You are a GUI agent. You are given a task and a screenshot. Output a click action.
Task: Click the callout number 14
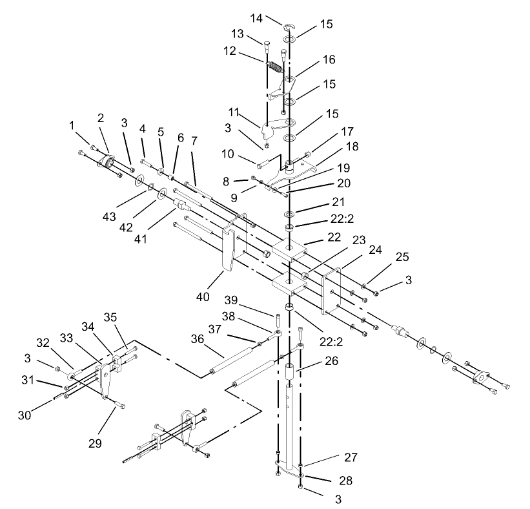point(256,18)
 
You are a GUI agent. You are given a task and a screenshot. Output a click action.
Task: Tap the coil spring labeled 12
point(276,67)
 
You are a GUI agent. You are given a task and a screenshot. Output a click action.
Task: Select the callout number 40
point(203,296)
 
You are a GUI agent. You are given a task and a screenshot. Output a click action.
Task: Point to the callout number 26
point(331,360)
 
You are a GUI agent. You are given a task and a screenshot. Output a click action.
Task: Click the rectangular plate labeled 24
point(331,291)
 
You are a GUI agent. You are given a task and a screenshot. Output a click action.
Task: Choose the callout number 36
point(198,338)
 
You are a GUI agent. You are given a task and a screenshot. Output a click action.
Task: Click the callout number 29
point(95,442)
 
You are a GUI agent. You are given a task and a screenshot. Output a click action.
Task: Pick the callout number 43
point(109,216)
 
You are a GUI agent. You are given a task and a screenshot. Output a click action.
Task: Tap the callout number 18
point(352,146)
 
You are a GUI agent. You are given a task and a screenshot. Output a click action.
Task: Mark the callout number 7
point(194,141)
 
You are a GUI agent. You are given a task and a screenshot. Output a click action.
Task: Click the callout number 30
point(25,415)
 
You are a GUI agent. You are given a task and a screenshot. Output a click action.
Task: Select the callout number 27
point(351,457)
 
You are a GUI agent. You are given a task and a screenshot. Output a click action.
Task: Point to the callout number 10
point(227,154)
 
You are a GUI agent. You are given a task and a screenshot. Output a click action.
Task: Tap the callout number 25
point(402,256)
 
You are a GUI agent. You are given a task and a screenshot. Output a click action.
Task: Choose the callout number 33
point(66,337)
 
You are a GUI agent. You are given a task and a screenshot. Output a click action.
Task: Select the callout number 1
point(71,125)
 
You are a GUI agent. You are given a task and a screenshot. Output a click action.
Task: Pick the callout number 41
point(141,239)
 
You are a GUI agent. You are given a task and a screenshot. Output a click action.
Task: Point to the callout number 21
point(338,202)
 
